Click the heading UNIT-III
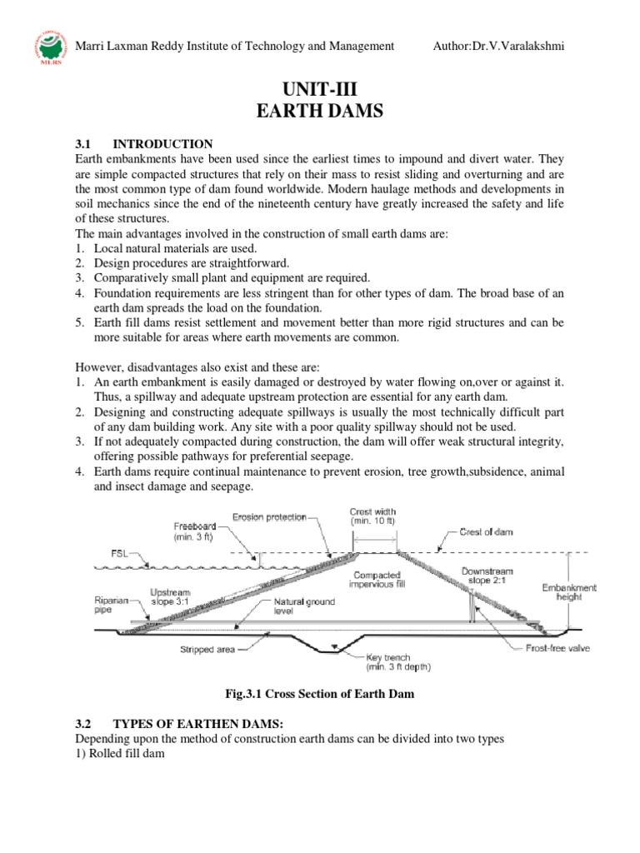coord(319,86)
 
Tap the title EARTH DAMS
coord(319,111)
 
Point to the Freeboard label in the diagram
coord(195,531)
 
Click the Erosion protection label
coord(269,516)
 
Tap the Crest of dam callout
coord(488,530)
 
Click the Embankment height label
coord(568,591)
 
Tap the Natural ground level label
coord(306,606)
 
